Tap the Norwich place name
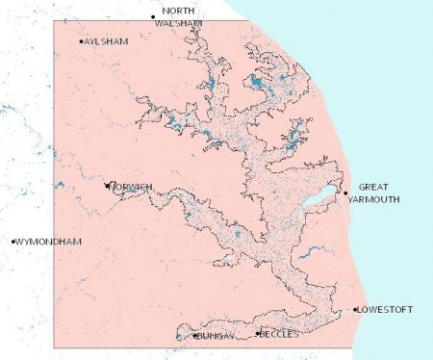(132, 187)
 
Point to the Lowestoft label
(386, 310)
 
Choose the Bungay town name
(216, 338)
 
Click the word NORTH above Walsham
(178, 10)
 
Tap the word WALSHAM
(183, 22)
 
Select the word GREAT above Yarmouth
(375, 187)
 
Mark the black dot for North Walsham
(153, 17)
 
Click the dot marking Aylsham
(81, 41)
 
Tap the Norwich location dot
(107, 185)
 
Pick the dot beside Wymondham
(13, 242)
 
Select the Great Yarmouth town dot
(345, 193)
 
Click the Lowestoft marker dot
(355, 309)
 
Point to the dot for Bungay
(195, 337)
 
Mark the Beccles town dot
(257, 333)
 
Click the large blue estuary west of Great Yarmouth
(318, 201)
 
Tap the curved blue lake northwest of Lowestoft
(310, 254)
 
